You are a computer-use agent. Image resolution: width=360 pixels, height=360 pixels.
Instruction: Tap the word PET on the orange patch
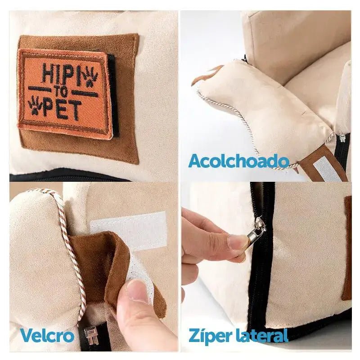(x=62, y=110)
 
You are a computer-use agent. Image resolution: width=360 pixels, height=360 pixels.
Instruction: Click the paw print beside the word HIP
(x=90, y=77)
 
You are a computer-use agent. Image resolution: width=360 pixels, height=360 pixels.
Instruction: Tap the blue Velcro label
(x=47, y=335)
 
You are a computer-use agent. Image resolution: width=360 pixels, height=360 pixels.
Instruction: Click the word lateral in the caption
(x=261, y=335)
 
